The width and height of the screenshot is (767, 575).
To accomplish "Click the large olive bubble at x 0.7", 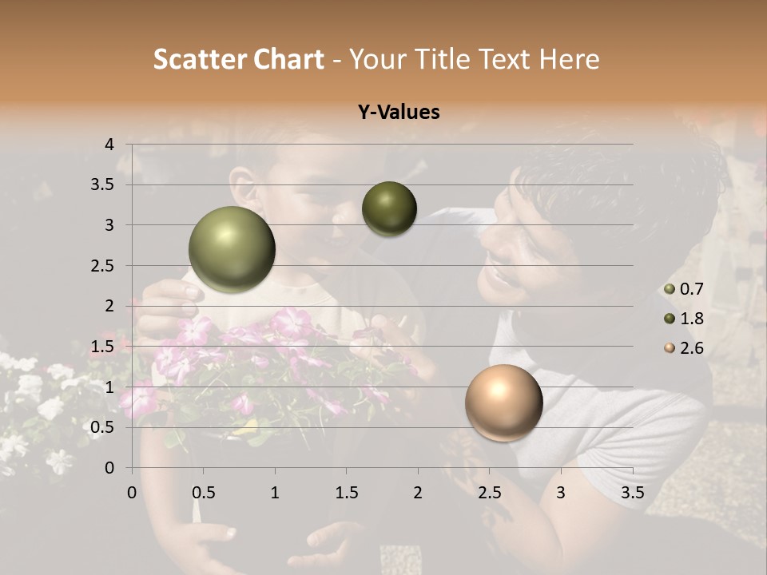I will (232, 249).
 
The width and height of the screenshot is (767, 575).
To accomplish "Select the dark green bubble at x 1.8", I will (389, 208).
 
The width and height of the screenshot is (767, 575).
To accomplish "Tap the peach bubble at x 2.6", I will (503, 402).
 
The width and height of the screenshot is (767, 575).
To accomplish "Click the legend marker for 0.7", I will (670, 290).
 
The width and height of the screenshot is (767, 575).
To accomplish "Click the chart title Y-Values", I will (399, 113).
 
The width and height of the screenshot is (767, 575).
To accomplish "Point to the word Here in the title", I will (569, 59).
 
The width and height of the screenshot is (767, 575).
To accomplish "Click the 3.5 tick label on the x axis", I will (632, 493).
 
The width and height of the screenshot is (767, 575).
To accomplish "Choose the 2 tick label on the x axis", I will (418, 493).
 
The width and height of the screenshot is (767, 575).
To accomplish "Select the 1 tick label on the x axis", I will (275, 493).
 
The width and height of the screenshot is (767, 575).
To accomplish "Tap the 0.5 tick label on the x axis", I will (204, 493).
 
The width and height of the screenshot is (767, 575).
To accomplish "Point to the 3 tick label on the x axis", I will (561, 493).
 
